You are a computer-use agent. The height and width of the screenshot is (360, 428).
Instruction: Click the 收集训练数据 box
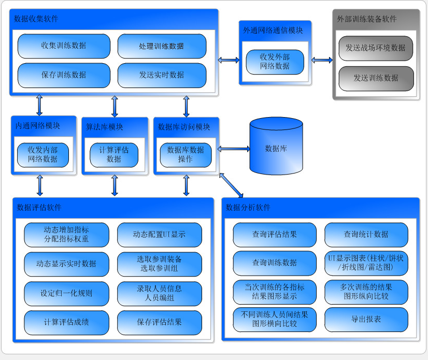pyautogui.click(x=64, y=46)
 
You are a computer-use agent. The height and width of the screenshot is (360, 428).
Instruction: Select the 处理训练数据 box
pyautogui.click(x=161, y=46)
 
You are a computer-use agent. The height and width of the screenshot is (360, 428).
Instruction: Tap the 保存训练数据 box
pyautogui.click(x=64, y=75)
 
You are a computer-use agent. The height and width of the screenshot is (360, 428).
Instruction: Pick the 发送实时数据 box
pyautogui.click(x=161, y=75)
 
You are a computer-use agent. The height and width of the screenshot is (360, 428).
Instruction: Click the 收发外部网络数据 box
pyautogui.click(x=275, y=62)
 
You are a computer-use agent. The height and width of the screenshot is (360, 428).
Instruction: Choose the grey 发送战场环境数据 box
pyautogui.click(x=376, y=48)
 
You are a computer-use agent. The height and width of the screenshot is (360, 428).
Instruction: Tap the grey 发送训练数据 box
pyautogui.click(x=376, y=78)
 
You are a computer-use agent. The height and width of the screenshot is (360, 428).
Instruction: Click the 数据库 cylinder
pyautogui.click(x=276, y=148)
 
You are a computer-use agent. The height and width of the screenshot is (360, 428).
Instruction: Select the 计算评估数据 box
pyautogui.click(x=114, y=154)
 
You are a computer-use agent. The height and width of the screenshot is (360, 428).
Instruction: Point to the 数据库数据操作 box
pyautogui.click(x=186, y=154)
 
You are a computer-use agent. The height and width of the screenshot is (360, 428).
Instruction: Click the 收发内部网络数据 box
pyautogui.click(x=43, y=154)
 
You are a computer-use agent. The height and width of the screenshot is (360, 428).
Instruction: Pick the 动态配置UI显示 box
pyautogui.click(x=159, y=235)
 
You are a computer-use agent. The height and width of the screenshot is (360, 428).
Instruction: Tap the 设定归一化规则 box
pyautogui.click(x=66, y=293)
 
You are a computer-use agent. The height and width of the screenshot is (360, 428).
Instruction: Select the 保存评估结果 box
pyautogui.click(x=159, y=322)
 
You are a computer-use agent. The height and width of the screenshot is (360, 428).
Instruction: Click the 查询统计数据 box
pyautogui.click(x=366, y=235)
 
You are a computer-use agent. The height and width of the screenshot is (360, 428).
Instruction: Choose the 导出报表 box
pyautogui.click(x=366, y=320)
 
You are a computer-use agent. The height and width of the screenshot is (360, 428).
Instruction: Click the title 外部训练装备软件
pyautogui.click(x=366, y=19)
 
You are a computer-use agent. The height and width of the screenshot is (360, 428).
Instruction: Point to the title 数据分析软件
pyautogui.click(x=248, y=208)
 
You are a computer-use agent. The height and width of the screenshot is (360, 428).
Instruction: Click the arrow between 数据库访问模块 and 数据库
pyautogui.click(x=234, y=149)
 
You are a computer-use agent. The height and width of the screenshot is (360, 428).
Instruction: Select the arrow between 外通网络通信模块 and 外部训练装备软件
pyautogui.click(x=322, y=60)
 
